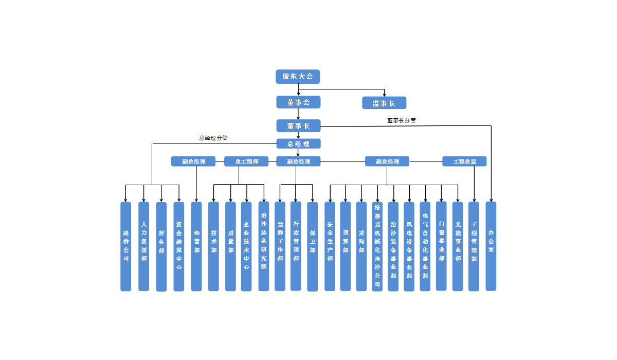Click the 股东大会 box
[298, 77]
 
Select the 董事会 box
[298, 102]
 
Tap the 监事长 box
[384, 103]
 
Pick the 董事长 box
[298, 126]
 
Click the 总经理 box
[298, 144]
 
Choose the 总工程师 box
[246, 161]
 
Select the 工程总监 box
[464, 161]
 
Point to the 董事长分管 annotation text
[402, 120]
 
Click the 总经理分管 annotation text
[213, 138]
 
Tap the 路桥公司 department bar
[126, 246]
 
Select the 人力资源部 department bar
[144, 246]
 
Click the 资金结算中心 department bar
[179, 246]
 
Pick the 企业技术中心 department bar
[246, 246]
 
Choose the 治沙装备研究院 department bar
[264, 246]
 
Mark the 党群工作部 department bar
[280, 246]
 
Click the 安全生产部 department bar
[330, 246]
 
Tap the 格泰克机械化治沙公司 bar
[377, 246]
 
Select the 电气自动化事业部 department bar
[425, 246]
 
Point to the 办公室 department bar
[491, 246]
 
